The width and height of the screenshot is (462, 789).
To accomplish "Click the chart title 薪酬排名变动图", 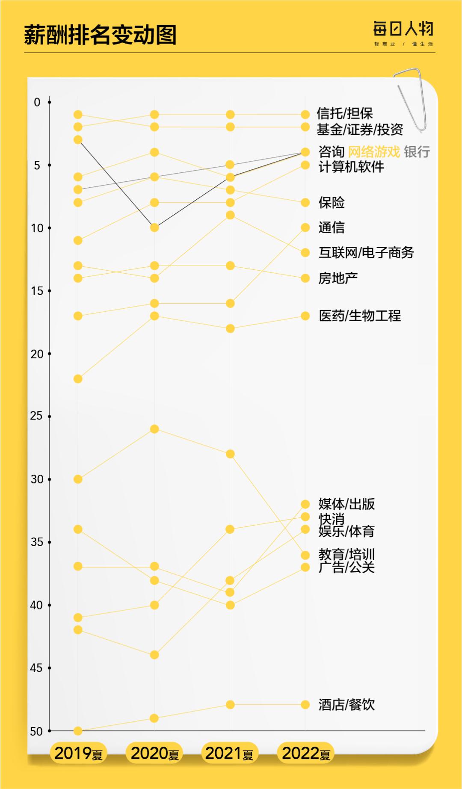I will (x=100, y=35).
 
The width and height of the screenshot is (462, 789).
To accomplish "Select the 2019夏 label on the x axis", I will (x=78, y=754).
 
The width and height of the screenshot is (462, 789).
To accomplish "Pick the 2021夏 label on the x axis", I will (x=230, y=754).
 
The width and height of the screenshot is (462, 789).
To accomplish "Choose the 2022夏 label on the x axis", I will (x=306, y=754).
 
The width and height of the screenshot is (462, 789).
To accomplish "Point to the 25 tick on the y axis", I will (x=37, y=416).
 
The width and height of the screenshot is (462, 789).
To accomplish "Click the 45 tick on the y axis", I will (x=37, y=668).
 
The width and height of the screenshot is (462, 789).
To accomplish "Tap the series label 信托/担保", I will (x=345, y=114).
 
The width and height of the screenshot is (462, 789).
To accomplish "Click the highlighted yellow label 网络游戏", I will (x=374, y=152).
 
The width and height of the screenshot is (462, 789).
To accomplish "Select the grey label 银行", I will (x=417, y=152).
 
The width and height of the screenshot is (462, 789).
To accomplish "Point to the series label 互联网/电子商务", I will (x=366, y=253).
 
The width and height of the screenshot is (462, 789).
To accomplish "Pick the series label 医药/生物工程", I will (x=360, y=316).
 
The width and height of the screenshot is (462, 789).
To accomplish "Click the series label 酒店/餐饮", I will (x=346, y=705).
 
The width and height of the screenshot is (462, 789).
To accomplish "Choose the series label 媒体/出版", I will (x=346, y=504).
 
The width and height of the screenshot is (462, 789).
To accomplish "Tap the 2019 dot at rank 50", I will (x=78, y=731).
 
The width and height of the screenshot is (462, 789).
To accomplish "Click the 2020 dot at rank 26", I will (x=154, y=429).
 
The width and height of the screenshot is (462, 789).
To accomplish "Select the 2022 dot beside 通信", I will (x=305, y=228).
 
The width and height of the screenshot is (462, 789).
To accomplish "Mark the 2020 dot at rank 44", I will (x=154, y=655).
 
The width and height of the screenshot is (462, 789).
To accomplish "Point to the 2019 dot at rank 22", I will (x=78, y=379).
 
